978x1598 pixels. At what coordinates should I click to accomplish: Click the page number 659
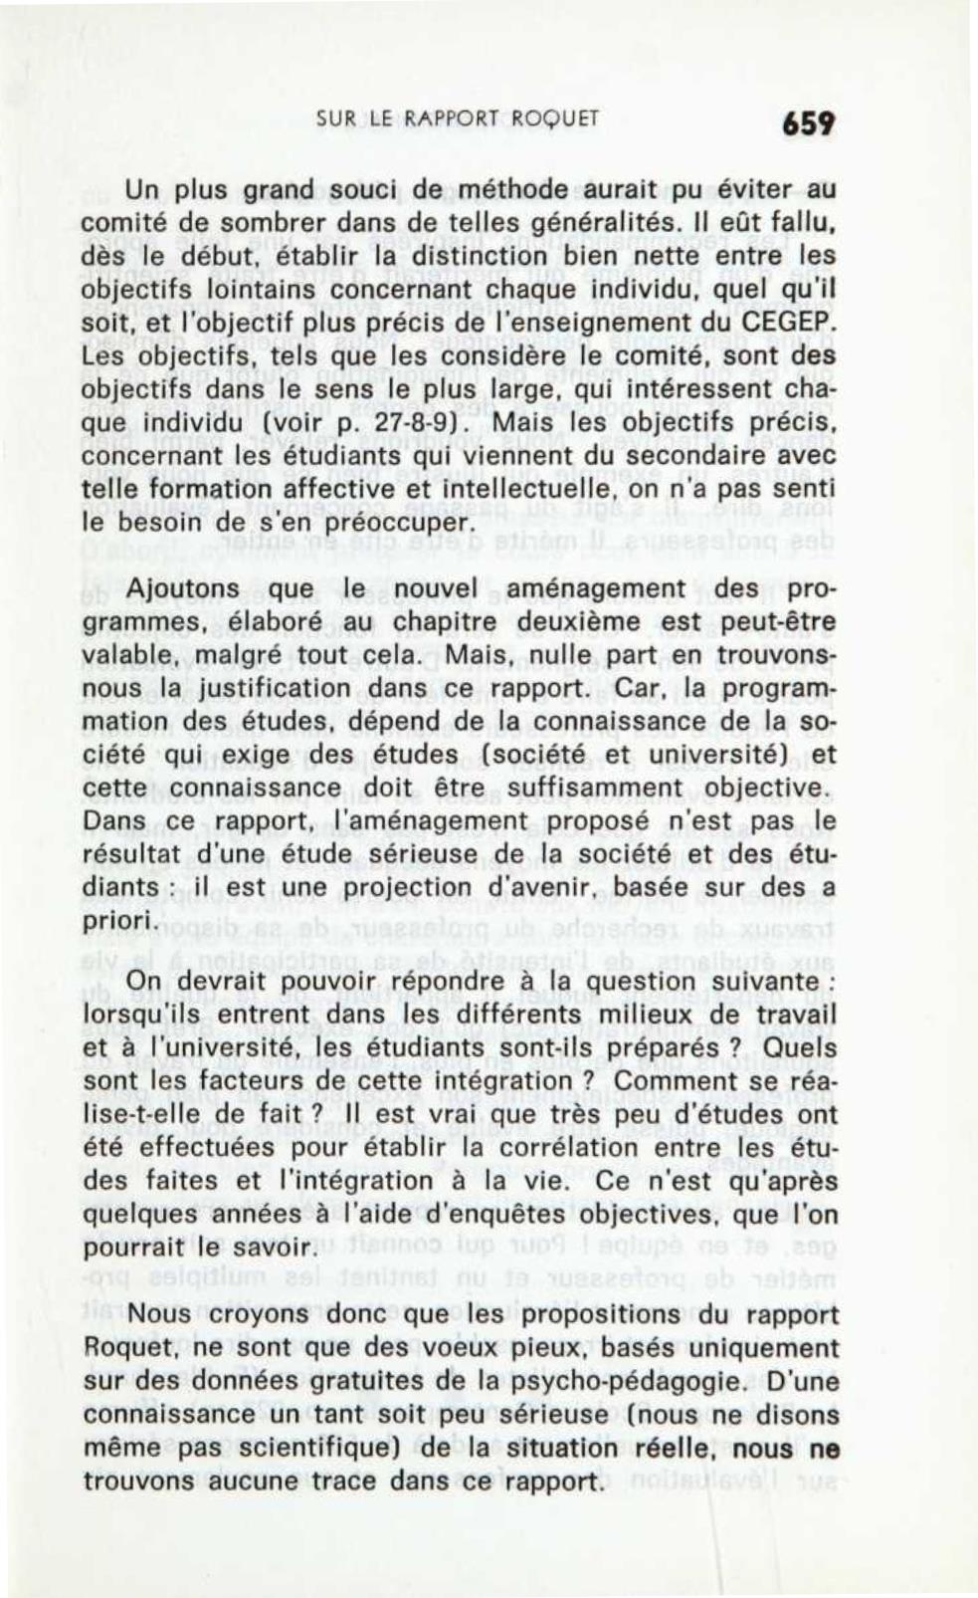pyautogui.click(x=807, y=123)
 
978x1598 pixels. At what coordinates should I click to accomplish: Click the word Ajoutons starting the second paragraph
pyautogui.click(x=183, y=588)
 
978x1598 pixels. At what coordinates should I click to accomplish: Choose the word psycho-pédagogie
pyautogui.click(x=664, y=1381)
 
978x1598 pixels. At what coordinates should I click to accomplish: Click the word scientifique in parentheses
pyautogui.click(x=318, y=1448)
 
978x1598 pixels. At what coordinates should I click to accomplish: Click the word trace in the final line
pyautogui.click(x=341, y=1481)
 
